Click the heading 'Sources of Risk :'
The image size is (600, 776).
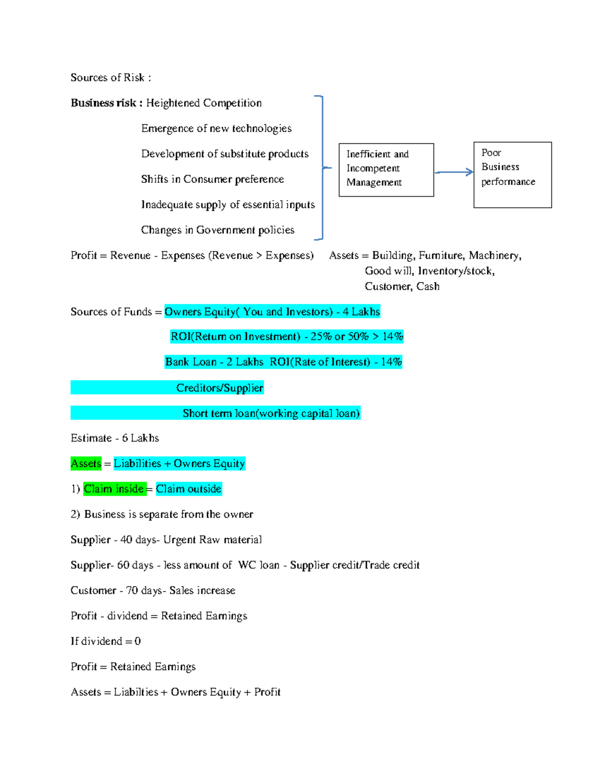pos(110,77)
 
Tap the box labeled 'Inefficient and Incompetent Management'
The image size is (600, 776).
pos(386,169)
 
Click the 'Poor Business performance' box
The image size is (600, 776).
pos(512,174)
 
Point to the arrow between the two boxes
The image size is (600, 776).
pos(453,172)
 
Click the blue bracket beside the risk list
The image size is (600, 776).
pos(322,167)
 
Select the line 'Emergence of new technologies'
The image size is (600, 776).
pos(216,128)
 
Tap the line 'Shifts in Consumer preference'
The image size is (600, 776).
pos(212,179)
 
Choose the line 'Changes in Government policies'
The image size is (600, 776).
pos(217,230)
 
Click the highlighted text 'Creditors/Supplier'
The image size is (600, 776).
pos(219,388)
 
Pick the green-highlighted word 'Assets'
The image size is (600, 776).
pos(86,464)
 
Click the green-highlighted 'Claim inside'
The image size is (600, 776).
pos(114,489)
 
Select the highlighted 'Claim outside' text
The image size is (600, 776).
pos(188,489)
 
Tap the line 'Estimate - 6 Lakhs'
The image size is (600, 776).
pos(114,438)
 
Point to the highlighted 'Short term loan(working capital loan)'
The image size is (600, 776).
pos(271,413)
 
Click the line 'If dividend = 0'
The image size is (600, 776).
pos(105,641)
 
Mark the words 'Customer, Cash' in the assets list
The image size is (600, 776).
pos(402,286)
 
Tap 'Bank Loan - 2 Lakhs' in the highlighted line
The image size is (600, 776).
pos(214,362)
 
